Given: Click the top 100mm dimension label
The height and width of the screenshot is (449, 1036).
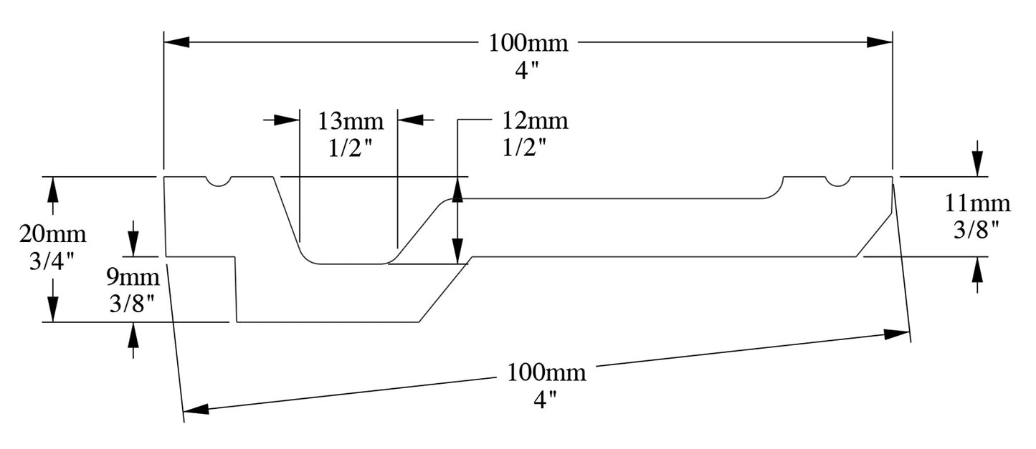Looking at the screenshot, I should [528, 43].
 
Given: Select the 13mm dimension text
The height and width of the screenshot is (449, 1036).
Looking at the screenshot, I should [351, 121].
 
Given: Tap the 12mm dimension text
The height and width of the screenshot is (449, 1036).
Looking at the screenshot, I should [535, 121].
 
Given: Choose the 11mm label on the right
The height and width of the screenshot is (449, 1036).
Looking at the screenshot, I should [976, 204].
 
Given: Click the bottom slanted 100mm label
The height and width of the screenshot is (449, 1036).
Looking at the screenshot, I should [546, 372].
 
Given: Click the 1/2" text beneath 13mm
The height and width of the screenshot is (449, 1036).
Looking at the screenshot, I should [350, 149].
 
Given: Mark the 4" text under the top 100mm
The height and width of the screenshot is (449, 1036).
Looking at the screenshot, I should [528, 72].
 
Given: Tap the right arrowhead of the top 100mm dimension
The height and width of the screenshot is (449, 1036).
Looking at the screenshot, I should [880, 42].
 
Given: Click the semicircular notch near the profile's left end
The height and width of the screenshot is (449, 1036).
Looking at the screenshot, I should [219, 181].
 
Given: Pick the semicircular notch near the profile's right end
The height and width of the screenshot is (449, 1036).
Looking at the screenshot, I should [837, 181].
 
